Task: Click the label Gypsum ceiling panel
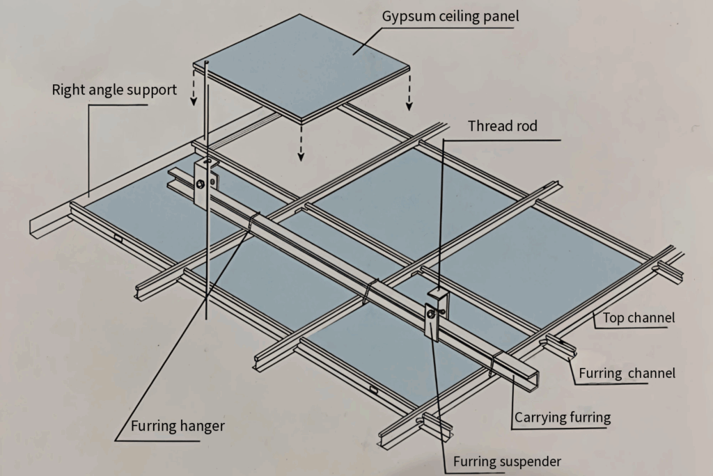pos(450,16)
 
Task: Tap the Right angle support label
pos(114,90)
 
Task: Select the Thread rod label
pos(503,126)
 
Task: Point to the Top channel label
pos(638,319)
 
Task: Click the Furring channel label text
pos(627,373)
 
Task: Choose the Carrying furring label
pos(562,418)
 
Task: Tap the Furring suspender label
pos(507,461)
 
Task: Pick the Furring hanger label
pos(178,425)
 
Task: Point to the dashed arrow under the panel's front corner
pos(301,143)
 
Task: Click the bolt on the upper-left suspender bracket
pos(201,184)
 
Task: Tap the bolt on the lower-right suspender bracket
pos(432,315)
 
